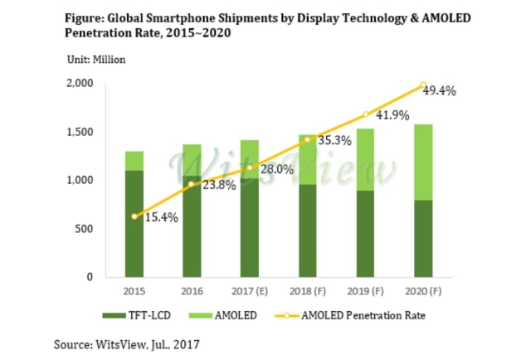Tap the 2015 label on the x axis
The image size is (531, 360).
click(x=134, y=292)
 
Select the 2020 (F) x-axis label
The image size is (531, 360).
click(x=423, y=292)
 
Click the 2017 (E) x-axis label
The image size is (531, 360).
click(x=250, y=292)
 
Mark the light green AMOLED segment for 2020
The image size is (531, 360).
click(x=423, y=162)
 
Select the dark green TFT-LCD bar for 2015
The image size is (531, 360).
click(x=134, y=223)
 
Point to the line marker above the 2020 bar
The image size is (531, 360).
click(x=423, y=85)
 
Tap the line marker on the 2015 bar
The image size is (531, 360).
click(x=134, y=216)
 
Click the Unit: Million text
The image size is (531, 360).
click(x=96, y=59)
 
